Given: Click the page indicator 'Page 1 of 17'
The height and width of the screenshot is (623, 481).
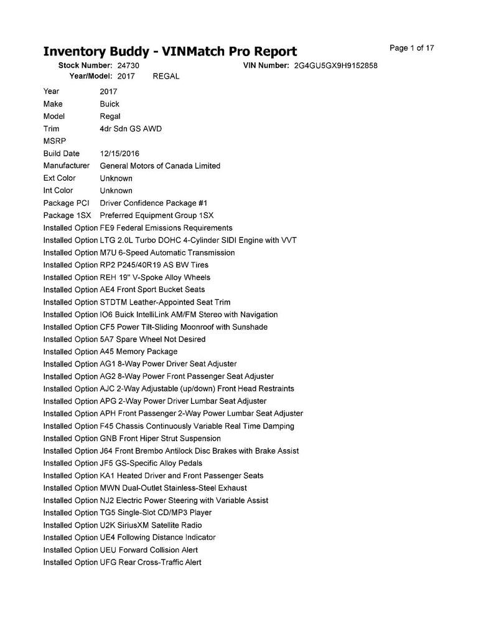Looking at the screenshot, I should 411,48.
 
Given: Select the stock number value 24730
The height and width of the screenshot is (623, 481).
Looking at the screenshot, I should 128,65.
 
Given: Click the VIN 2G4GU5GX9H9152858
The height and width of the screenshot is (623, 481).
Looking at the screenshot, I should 336,65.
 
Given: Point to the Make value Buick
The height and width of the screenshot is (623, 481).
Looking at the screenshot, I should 110,104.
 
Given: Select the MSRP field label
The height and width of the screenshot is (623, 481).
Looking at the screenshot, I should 54,141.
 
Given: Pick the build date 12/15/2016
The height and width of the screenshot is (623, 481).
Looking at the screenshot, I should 119,153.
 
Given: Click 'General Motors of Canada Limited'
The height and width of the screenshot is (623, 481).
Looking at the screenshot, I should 160,166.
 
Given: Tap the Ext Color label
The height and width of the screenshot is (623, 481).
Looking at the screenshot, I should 59,178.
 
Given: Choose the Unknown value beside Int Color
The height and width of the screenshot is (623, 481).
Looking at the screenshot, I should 116,191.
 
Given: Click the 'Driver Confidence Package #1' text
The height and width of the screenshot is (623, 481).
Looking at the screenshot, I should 154,203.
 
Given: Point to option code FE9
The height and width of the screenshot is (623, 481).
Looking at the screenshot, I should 107,228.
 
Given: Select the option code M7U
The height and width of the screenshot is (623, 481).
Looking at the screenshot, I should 108,253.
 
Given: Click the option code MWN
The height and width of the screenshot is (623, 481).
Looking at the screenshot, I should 108,488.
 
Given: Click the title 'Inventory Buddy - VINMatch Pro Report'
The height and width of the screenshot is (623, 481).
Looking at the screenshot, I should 170,51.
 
